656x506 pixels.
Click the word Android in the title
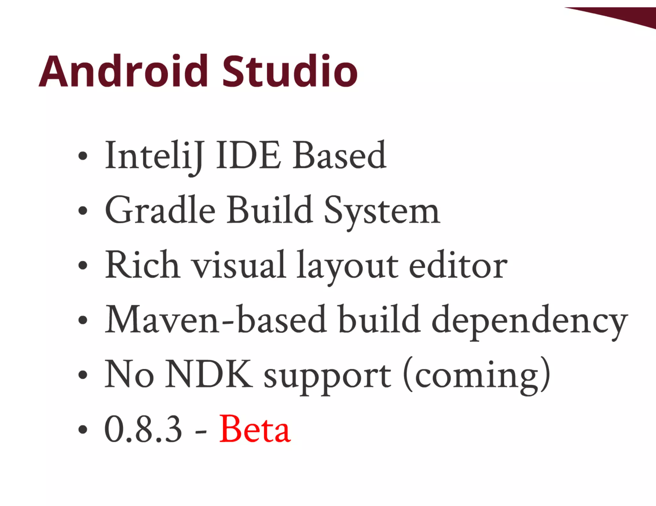123,71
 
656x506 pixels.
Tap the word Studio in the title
290,71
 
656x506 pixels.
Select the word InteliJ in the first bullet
154,156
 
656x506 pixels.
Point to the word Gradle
160,210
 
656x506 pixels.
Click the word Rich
142,265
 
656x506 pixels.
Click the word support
327,376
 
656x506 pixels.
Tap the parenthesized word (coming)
477,375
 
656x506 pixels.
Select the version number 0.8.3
143,429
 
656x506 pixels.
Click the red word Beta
255,429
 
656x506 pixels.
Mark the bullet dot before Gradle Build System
83,211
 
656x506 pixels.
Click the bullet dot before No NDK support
83,375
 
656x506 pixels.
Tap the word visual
239,265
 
